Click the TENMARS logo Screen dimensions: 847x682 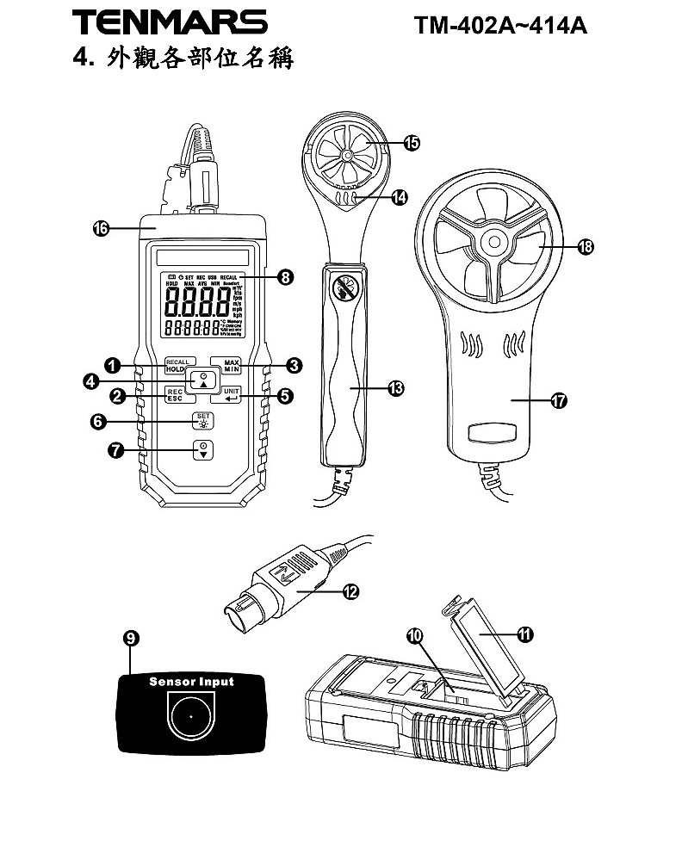(x=169, y=23)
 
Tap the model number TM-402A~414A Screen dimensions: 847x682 (x=500, y=25)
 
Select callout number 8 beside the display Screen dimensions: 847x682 (x=285, y=277)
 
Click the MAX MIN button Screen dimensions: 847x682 (x=230, y=365)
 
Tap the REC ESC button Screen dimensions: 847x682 (x=175, y=396)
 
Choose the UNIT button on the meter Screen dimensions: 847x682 (x=230, y=396)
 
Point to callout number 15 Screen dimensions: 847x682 (x=411, y=143)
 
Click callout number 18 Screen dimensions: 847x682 (x=586, y=247)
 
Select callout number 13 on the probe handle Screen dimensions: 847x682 (x=395, y=389)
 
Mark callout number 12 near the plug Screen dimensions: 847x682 (x=350, y=591)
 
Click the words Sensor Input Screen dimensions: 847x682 (x=191, y=682)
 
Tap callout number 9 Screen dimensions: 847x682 (x=131, y=638)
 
